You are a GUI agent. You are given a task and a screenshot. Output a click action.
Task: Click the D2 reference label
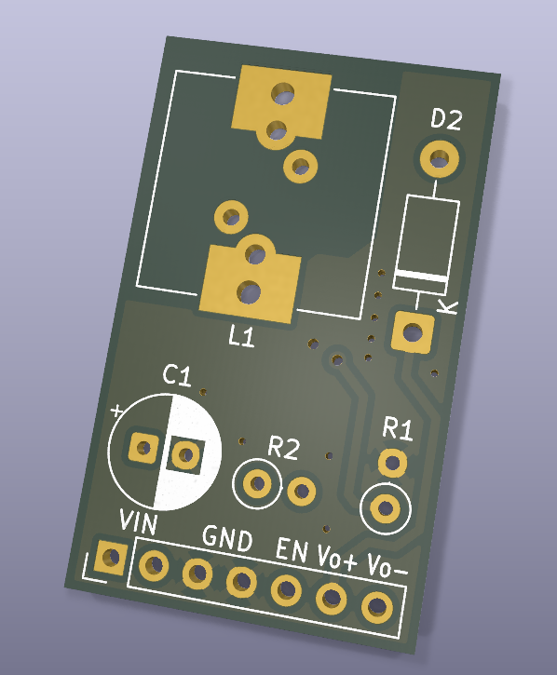tap(447, 119)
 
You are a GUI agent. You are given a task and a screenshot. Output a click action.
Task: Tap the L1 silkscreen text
tap(241, 336)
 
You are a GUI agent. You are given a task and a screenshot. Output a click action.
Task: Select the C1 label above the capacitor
tap(177, 375)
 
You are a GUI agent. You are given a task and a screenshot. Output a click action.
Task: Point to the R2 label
tap(283, 448)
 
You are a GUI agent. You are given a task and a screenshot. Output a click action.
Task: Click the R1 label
tap(398, 429)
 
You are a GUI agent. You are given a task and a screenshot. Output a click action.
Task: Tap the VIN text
tap(138, 522)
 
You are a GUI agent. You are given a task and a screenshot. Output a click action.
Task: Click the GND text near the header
tap(227, 538)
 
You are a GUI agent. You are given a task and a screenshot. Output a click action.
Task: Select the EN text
tap(292, 549)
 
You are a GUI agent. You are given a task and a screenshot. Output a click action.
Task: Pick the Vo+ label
tap(337, 558)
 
